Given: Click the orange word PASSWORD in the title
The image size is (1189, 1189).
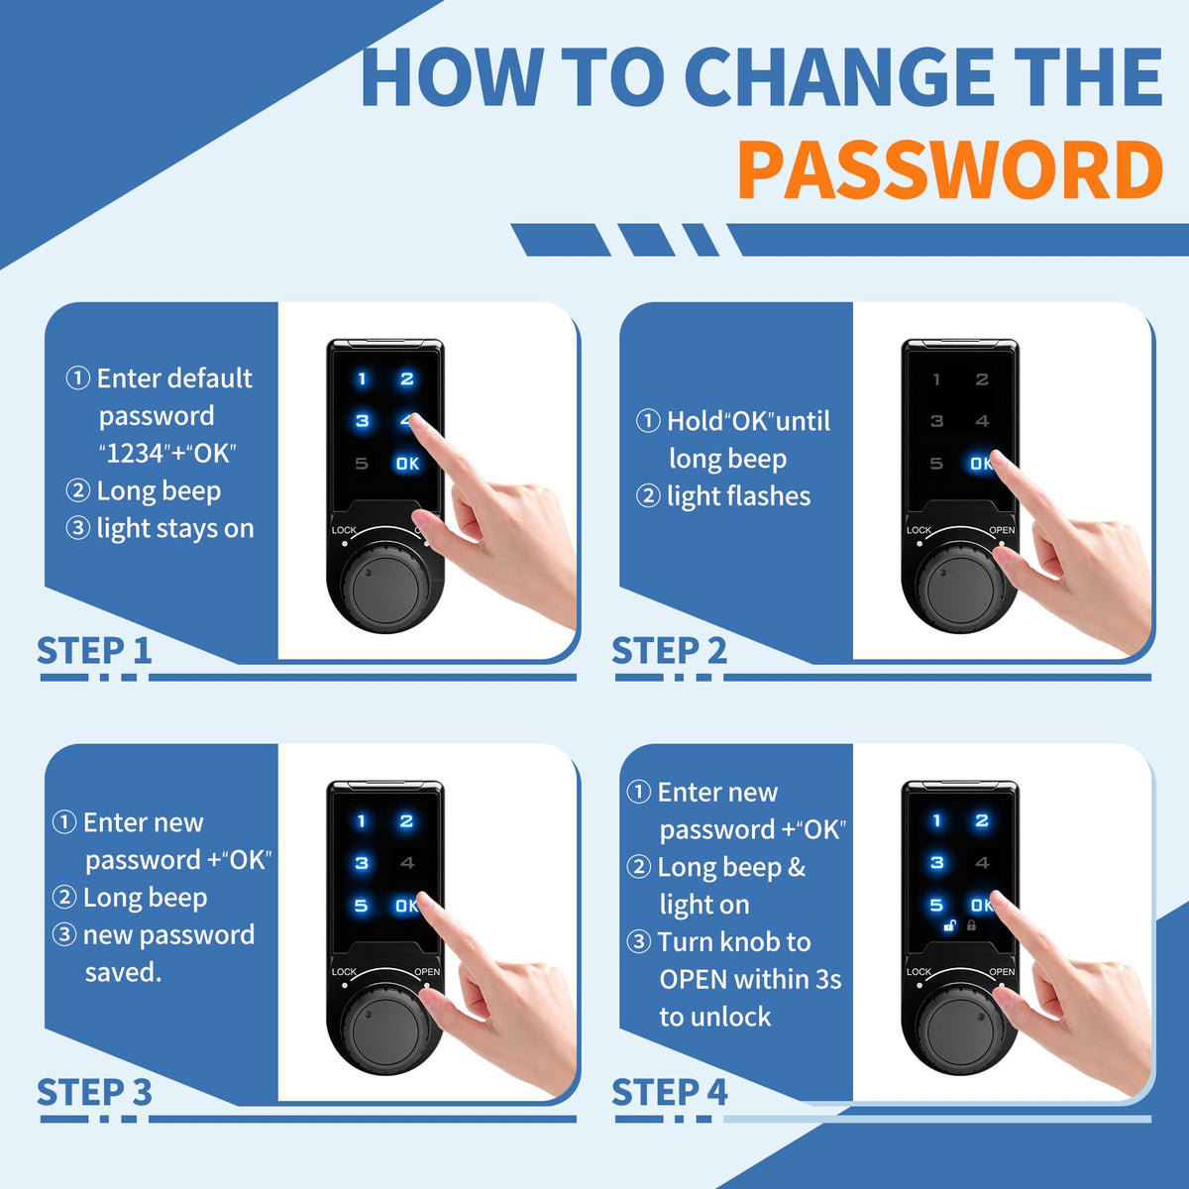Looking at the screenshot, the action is (950, 169).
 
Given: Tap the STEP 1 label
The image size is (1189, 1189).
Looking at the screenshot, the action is (94, 650).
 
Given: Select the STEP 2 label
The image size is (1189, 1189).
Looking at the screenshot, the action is (670, 650).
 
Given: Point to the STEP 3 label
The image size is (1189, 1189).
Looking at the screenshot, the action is (94, 1092).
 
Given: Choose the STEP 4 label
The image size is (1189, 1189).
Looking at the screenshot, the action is (670, 1092).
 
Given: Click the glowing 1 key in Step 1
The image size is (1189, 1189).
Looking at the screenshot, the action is (363, 378).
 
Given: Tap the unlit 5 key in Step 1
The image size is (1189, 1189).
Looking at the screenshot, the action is (362, 463).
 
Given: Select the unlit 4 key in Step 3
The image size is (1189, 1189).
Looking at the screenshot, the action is (407, 863).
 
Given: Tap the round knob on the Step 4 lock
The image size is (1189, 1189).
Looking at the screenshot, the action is (960, 1028).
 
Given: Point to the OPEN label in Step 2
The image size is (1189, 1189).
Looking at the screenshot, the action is (1002, 530).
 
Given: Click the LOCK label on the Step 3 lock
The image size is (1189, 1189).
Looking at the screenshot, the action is (344, 972).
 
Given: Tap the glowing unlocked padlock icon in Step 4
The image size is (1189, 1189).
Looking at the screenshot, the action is (950, 925).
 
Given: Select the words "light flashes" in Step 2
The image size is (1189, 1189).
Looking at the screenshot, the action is (738, 496).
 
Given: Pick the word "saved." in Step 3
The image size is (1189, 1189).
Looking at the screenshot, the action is (124, 972).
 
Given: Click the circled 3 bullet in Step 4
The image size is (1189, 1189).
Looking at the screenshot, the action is (639, 941).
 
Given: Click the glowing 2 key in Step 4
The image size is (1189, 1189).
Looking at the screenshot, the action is (982, 820).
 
